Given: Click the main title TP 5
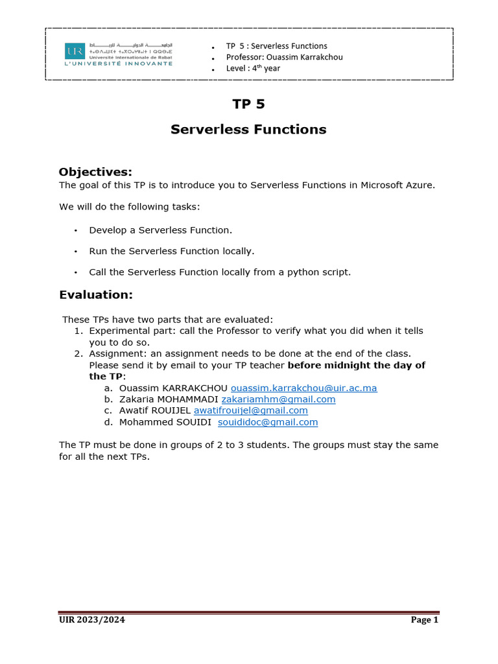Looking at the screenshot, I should click(x=248, y=104).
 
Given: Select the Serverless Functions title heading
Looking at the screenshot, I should click(x=248, y=130).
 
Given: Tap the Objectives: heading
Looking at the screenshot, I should click(x=95, y=172).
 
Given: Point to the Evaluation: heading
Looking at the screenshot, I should click(x=95, y=295).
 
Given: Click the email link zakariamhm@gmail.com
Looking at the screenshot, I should click(x=279, y=399).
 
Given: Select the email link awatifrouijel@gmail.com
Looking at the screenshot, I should click(x=251, y=410).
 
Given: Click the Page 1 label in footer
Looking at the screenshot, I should click(x=425, y=620).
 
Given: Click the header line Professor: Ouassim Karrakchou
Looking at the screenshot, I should click(x=284, y=57).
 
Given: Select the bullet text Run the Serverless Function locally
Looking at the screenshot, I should click(x=172, y=251).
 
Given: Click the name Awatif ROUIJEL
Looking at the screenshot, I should click(x=155, y=410).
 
